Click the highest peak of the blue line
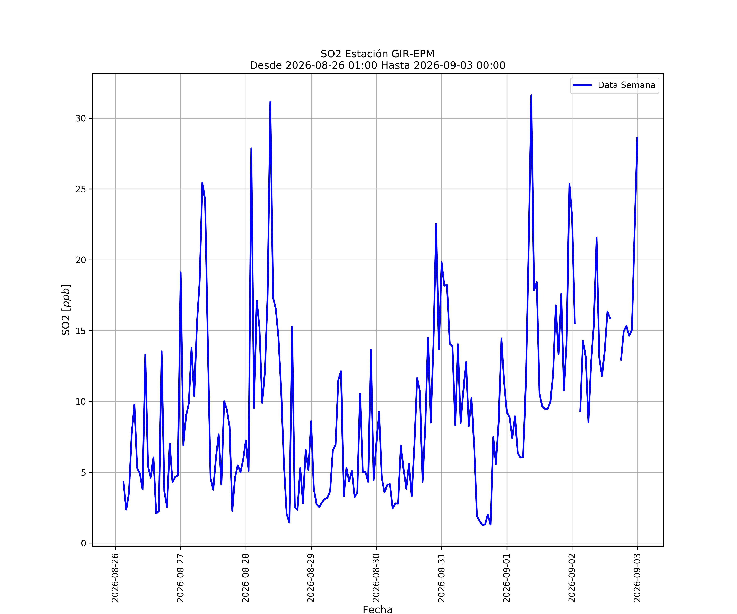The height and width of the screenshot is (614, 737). [531, 95]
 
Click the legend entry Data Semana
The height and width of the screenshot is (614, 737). [614, 85]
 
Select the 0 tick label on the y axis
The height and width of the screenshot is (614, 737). [84, 543]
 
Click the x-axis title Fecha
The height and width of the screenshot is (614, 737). [378, 609]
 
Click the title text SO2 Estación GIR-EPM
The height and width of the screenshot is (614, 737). [378, 54]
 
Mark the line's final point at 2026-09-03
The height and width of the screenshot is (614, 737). [637, 138]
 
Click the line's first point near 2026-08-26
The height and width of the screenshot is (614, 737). [123, 482]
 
